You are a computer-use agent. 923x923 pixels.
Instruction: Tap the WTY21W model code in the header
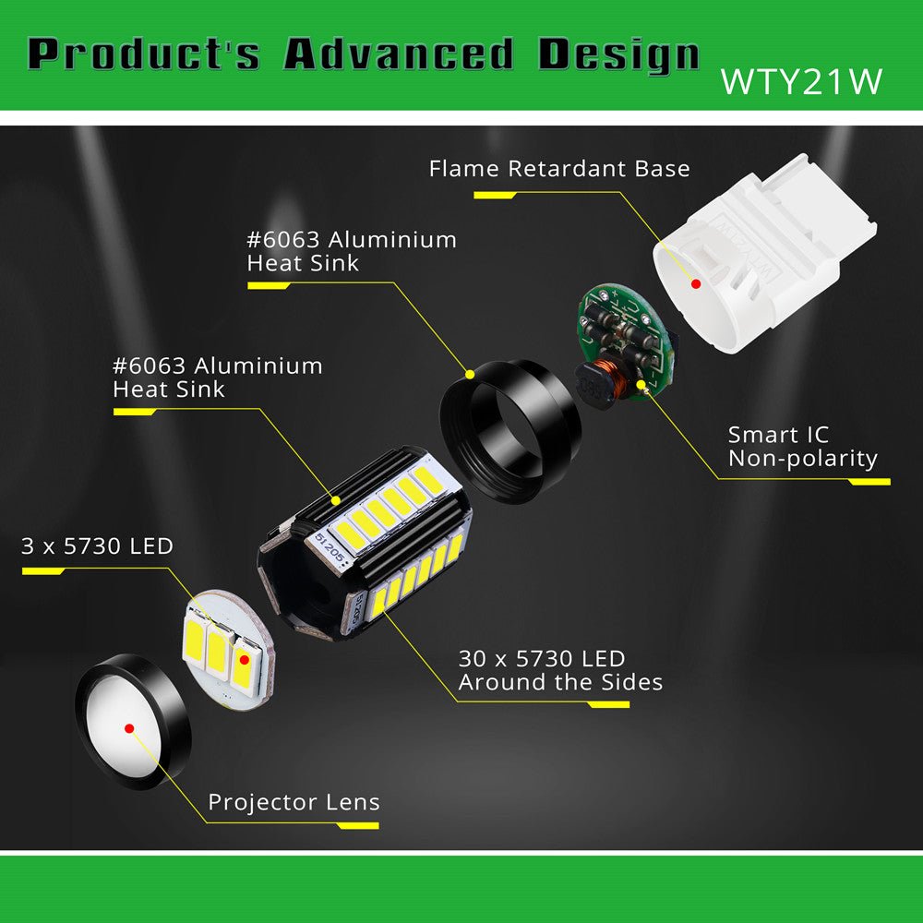pos(801,80)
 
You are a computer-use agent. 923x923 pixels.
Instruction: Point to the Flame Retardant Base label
pos(559,169)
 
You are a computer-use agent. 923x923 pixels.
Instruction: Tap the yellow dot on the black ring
pos(470,375)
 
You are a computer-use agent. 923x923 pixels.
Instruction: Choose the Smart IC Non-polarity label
pos(801,446)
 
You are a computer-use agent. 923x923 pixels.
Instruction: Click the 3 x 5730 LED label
pos(97,546)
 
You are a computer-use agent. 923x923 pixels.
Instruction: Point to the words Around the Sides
pos(560,683)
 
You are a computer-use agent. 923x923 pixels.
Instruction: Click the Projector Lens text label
pos(294,802)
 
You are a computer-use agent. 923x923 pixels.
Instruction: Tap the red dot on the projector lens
pos(129,728)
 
